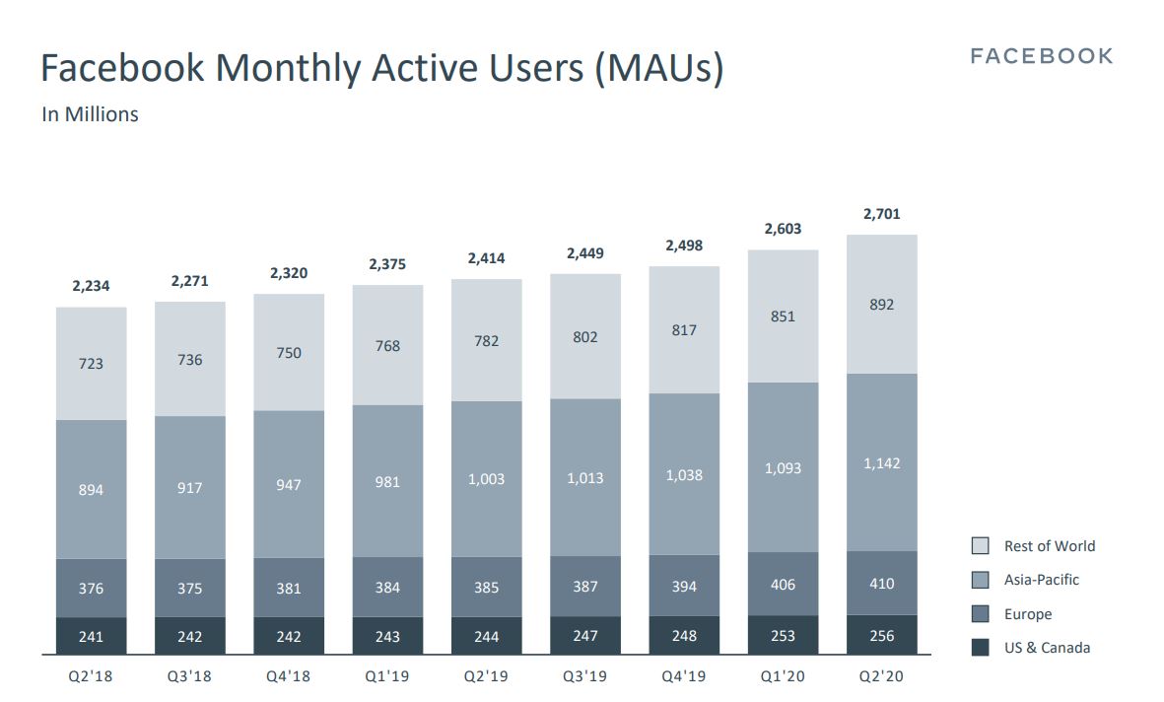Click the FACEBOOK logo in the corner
pyautogui.click(x=1041, y=56)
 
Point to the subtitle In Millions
pyautogui.click(x=90, y=114)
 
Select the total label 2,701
pyautogui.click(x=881, y=214)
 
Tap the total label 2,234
pyautogui.click(x=91, y=286)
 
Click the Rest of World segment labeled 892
pyautogui.click(x=881, y=305)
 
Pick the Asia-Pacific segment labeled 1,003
pyautogui.click(x=487, y=478)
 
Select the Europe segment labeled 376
pyautogui.click(x=91, y=589)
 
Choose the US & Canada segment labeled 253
pyautogui.click(x=783, y=636)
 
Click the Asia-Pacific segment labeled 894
pyautogui.click(x=91, y=490)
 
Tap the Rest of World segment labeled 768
pyautogui.click(x=387, y=346)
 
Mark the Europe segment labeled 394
pyautogui.click(x=684, y=587)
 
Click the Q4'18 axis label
pyautogui.click(x=289, y=677)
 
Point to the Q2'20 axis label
pyautogui.click(x=881, y=677)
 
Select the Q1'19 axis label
pyautogui.click(x=387, y=677)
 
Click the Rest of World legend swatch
pyautogui.click(x=981, y=546)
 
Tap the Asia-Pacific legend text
pyautogui.click(x=1041, y=580)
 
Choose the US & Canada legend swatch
pyautogui.click(x=981, y=648)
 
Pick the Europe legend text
pyautogui.click(x=1028, y=614)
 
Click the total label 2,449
pyautogui.click(x=585, y=253)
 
